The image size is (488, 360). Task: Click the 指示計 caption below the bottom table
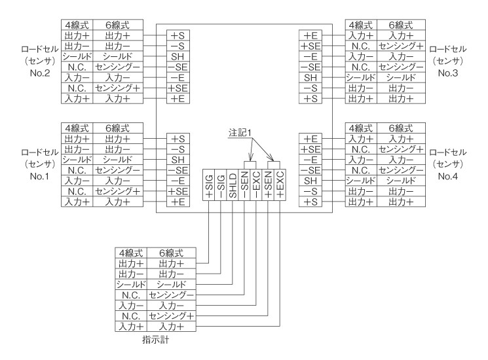(x=155, y=340)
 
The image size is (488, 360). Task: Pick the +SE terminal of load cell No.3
(x=311, y=46)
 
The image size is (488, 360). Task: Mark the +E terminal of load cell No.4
(x=311, y=139)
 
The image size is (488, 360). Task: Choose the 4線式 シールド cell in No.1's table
(x=77, y=159)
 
